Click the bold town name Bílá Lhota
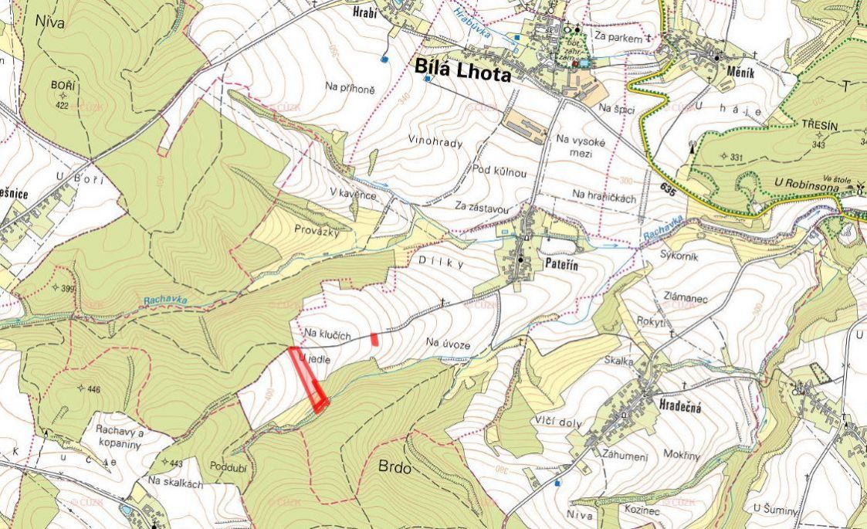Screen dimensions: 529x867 tap(463, 70)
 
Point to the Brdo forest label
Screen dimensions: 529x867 tap(396, 467)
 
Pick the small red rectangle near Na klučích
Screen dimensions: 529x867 tap(374, 338)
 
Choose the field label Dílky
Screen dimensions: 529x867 tap(440, 263)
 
